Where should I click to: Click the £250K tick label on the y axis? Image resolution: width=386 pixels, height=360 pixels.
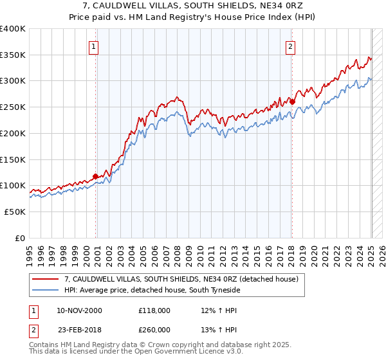(13, 107)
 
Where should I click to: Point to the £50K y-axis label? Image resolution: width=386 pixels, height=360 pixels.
(15, 212)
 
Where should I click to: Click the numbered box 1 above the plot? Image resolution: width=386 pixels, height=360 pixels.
(94, 46)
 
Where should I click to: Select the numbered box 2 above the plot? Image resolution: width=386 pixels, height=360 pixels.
(291, 46)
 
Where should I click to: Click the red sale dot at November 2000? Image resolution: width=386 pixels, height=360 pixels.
(96, 176)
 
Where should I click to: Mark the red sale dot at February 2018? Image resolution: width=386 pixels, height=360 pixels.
(292, 101)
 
